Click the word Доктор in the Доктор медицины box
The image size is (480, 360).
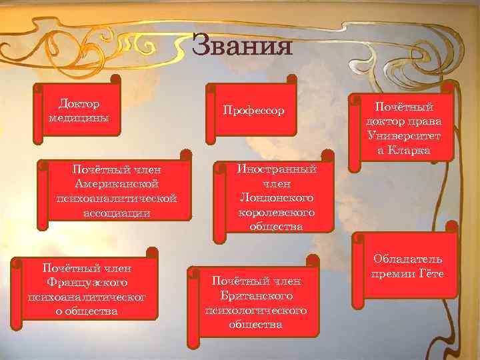coord(79,104)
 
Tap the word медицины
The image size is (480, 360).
coord(79,117)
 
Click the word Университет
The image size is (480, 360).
coord(403,136)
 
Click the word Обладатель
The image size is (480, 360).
coord(407,259)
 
